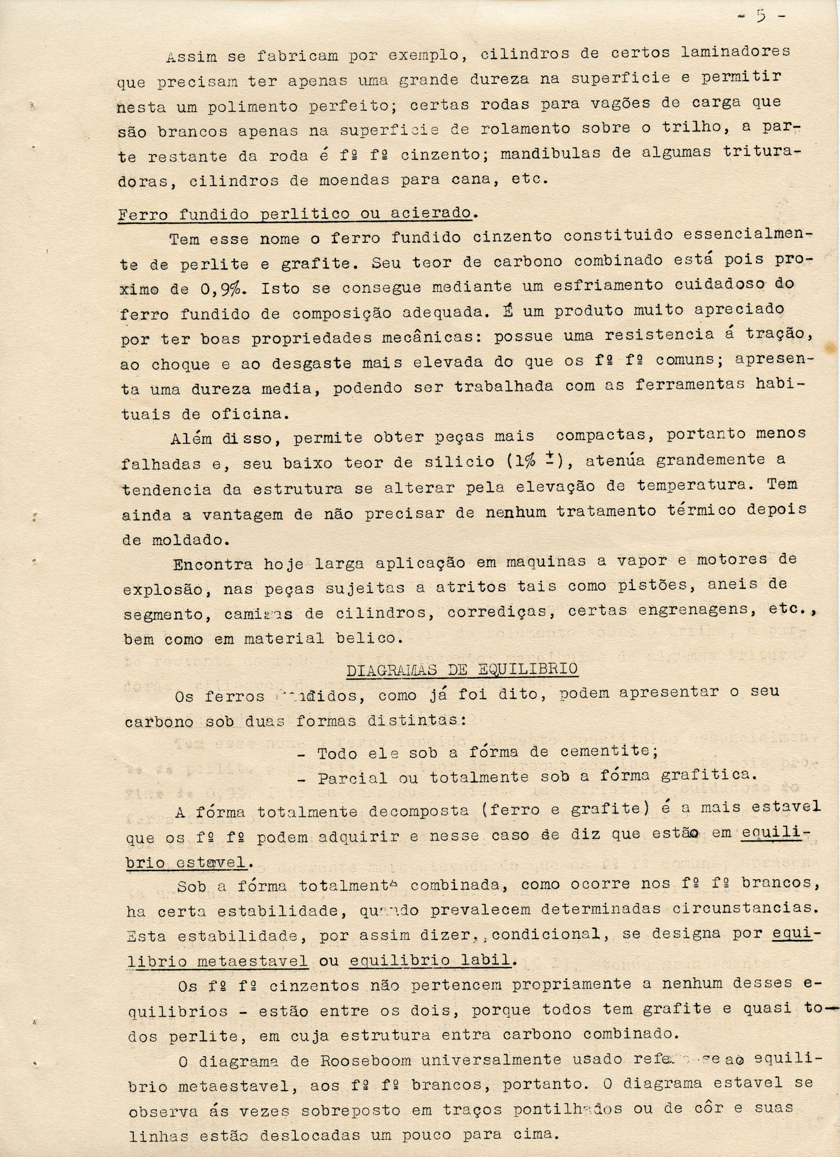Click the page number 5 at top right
coord(761,16)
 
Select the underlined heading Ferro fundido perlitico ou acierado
coord(295,213)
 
